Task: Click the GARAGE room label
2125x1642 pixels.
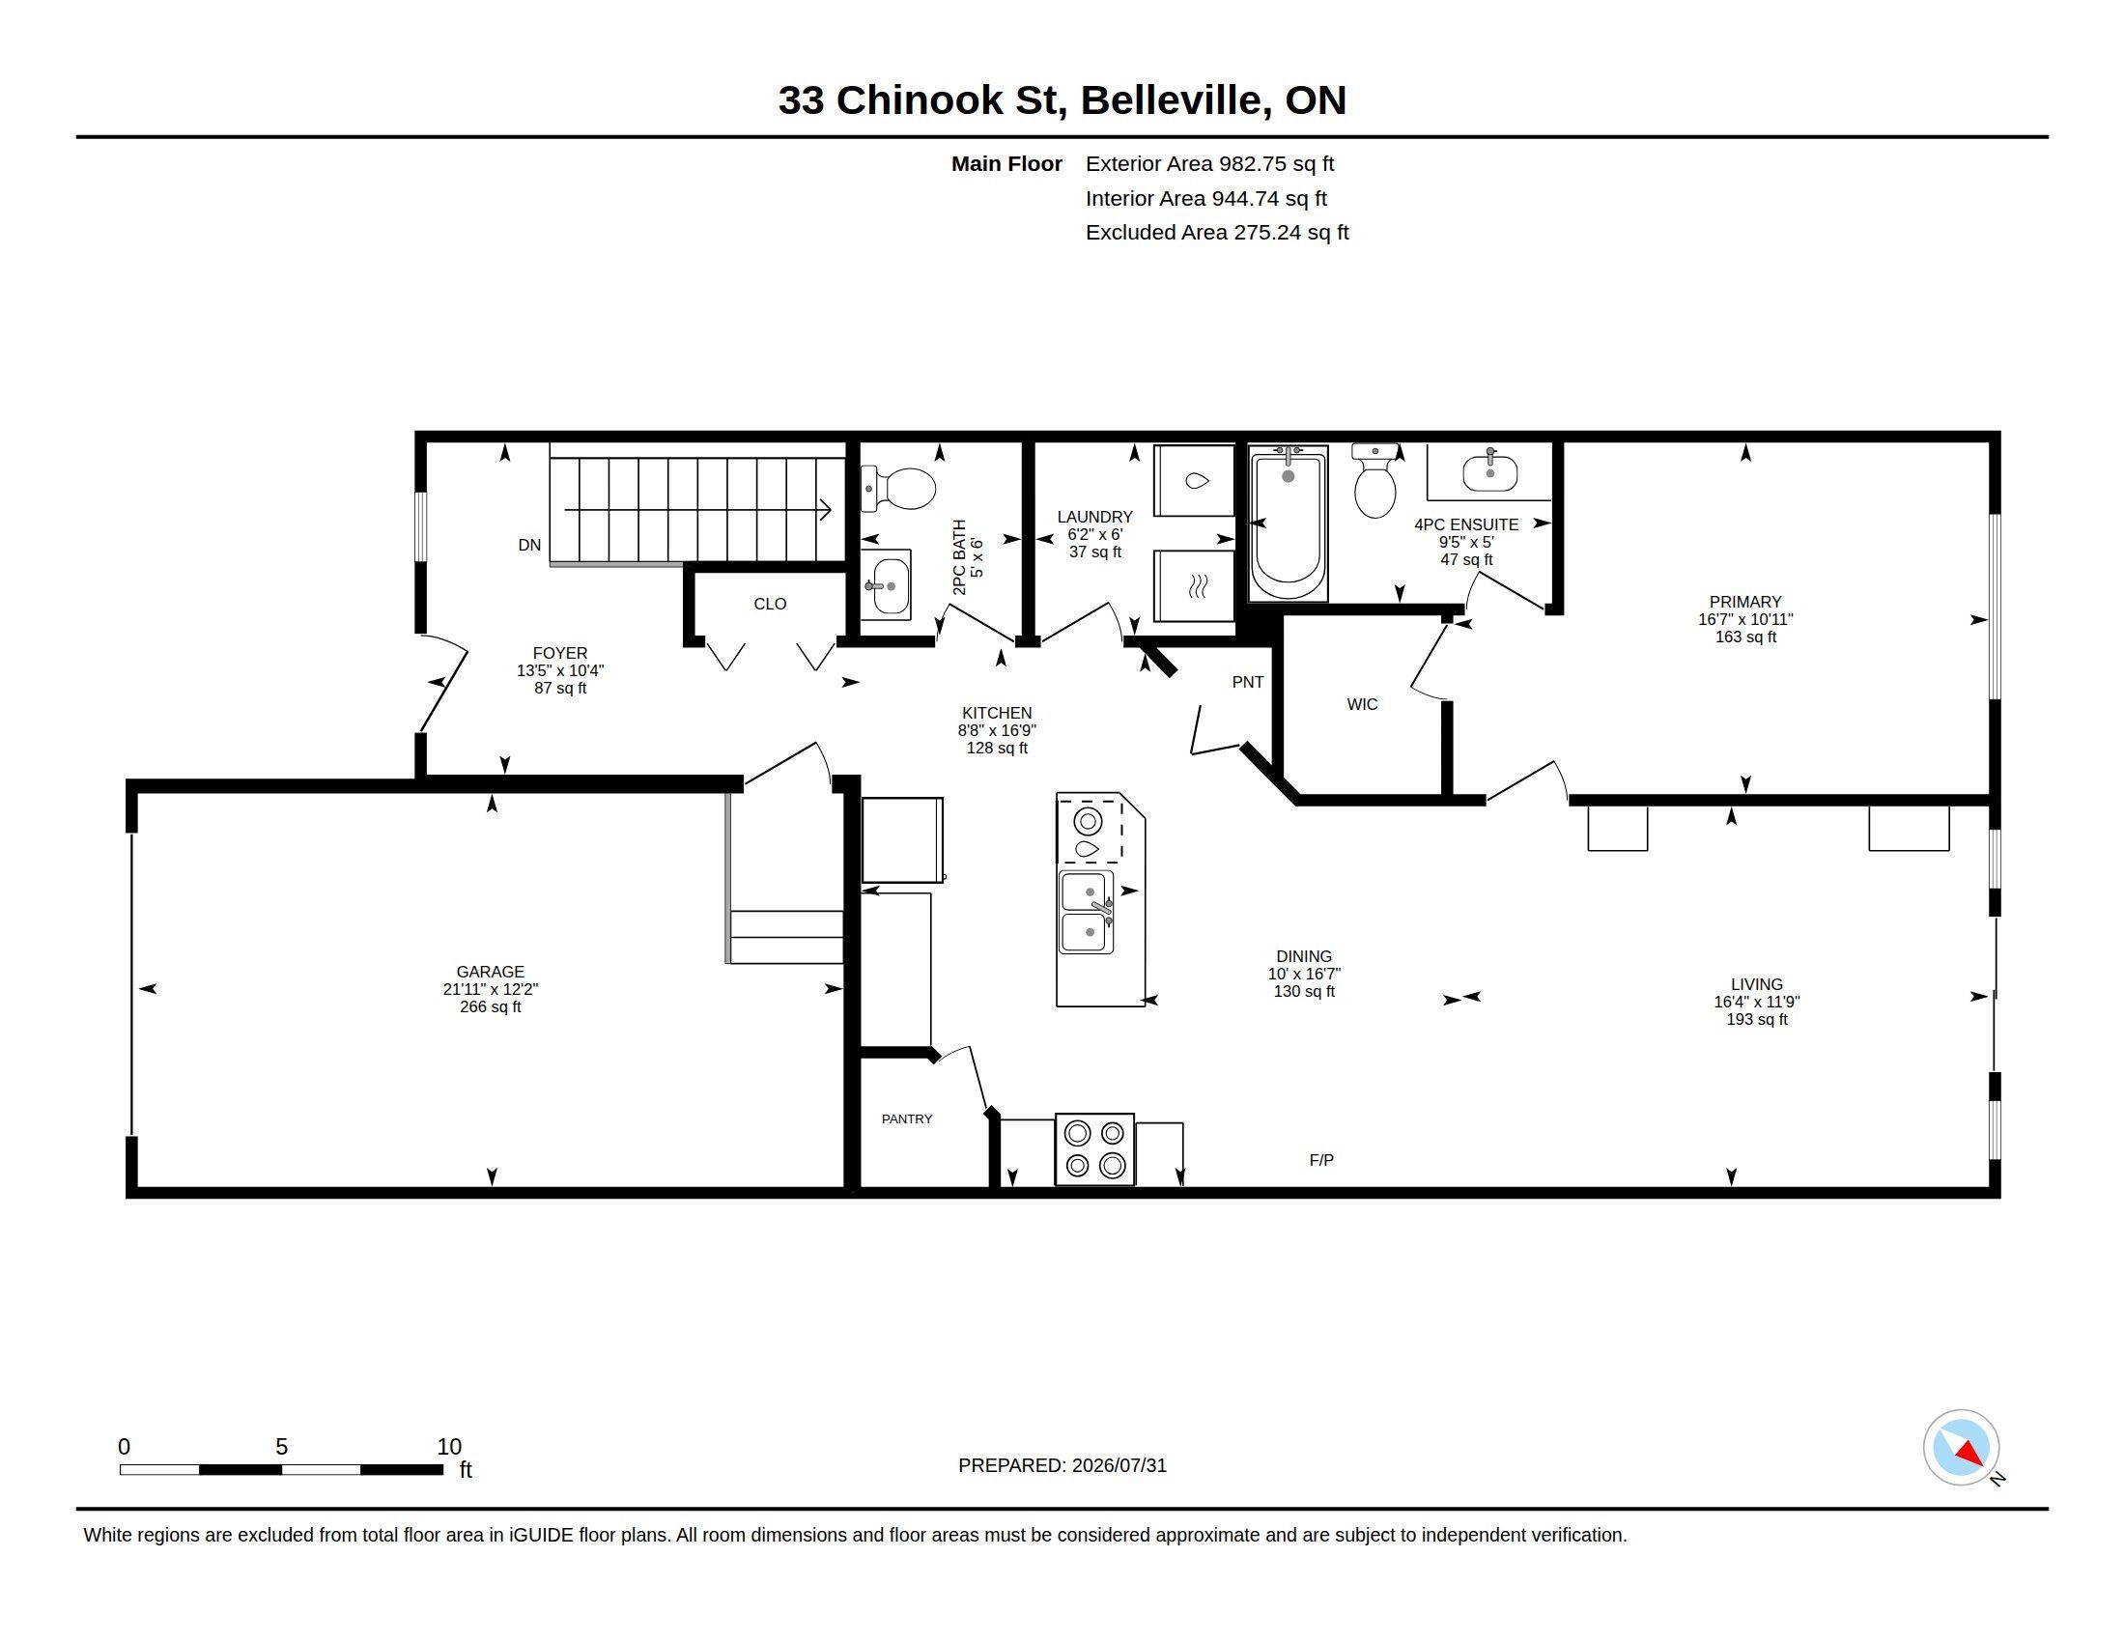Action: pos(490,971)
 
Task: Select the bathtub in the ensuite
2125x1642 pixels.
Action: pos(1289,524)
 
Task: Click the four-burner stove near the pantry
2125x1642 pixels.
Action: pos(1094,1148)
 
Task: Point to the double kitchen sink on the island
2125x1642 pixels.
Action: pos(1087,912)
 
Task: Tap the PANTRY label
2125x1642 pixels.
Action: pos(907,1118)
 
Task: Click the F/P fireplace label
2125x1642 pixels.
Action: pos(1321,1159)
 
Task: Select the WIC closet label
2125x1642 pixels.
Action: pos(1362,704)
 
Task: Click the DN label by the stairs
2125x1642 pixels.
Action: pos(529,545)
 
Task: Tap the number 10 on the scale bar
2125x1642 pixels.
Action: pos(448,1447)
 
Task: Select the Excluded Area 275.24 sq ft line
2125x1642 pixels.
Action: pos(1217,233)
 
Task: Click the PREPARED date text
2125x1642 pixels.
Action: pos(1062,1465)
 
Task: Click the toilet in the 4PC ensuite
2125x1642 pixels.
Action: pos(1374,481)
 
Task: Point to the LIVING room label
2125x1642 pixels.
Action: pos(1756,984)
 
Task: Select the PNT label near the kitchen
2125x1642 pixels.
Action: pos(1247,682)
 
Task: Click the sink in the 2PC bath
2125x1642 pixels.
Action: pos(888,584)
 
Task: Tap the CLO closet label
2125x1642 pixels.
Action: pos(770,604)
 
